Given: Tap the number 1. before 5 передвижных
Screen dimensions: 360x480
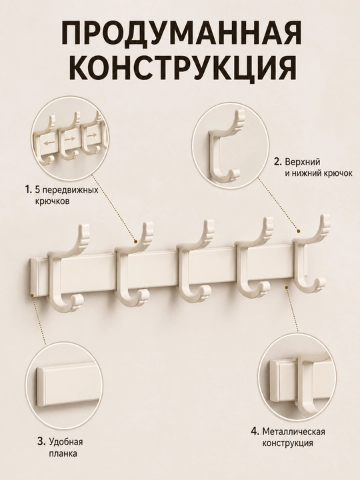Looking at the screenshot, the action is pyautogui.click(x=29, y=190).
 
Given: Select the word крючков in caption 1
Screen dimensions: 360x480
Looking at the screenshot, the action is pyautogui.click(x=52, y=201).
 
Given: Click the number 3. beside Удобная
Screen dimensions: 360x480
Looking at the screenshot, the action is pyautogui.click(x=42, y=442).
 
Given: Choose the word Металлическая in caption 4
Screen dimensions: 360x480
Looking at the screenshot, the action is pyautogui.click(x=293, y=431).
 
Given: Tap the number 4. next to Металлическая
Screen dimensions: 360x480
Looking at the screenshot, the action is pyautogui.click(x=255, y=431).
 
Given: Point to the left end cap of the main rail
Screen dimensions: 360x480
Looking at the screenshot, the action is pyautogui.click(x=33, y=277).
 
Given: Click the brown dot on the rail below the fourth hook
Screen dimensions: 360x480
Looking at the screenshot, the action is pyautogui.click(x=287, y=287).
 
